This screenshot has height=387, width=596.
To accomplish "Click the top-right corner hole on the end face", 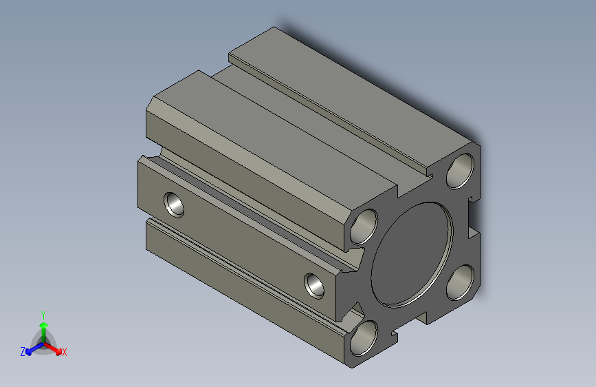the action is click(x=460, y=171).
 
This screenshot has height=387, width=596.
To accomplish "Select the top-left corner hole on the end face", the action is click(x=364, y=227).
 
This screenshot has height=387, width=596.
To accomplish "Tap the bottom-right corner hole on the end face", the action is click(x=460, y=282).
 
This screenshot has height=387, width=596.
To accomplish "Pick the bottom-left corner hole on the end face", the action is click(x=364, y=338).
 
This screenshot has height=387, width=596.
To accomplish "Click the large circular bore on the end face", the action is click(x=412, y=255).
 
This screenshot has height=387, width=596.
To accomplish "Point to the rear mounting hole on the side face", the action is click(x=174, y=205).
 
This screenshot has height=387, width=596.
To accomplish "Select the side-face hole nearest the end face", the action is click(x=314, y=286).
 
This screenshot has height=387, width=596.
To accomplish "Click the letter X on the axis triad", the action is click(x=64, y=353).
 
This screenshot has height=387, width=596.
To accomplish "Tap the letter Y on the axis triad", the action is click(x=43, y=315).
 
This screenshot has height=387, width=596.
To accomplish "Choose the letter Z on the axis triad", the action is click(x=23, y=352).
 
